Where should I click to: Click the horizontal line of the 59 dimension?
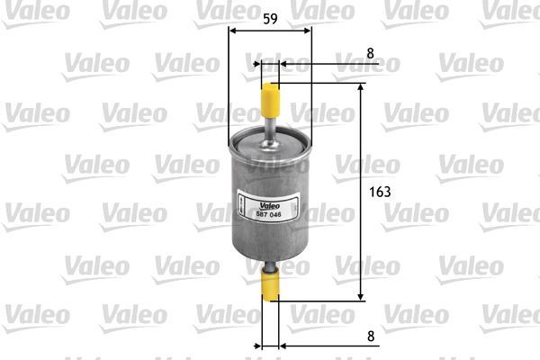point(270,30)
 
